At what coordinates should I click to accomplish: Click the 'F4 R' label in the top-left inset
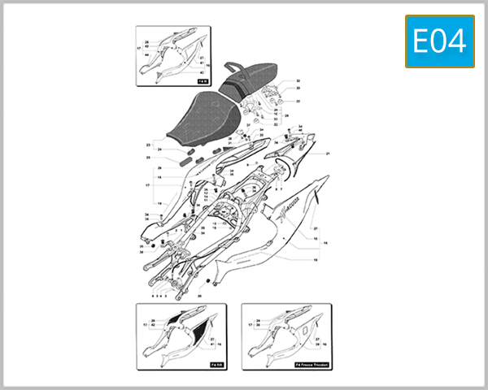202,82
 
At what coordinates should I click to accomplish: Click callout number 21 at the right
328,154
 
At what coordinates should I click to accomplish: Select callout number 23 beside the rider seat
149,145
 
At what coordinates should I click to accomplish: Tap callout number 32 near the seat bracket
298,81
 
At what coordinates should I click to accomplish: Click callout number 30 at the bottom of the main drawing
199,297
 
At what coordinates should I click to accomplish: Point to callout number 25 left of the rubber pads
149,157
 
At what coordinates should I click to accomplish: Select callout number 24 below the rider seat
160,149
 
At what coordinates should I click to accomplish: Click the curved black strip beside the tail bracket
285,167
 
